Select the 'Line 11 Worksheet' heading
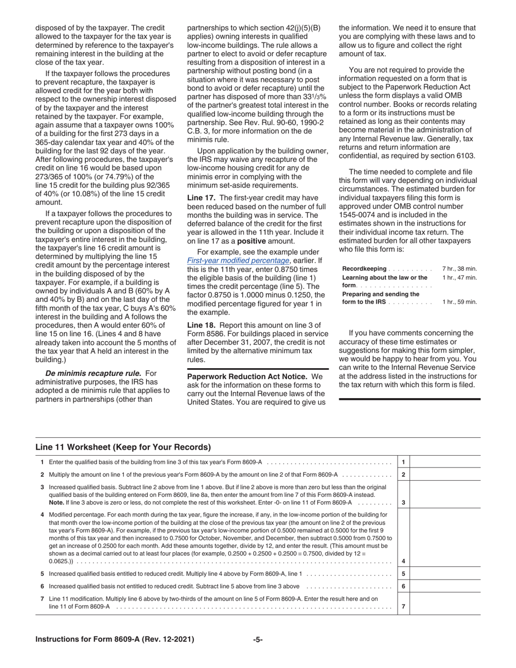123,447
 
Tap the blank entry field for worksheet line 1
445,462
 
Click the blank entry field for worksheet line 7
445,602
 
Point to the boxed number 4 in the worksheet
403,561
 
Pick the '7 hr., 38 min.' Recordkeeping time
460,269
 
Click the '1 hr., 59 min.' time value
460,302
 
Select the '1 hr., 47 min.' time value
460,278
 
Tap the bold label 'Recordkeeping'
364,269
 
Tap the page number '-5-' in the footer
258,639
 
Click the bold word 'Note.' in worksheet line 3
56,502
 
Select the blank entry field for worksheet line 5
445,574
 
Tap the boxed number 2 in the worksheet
403,474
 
